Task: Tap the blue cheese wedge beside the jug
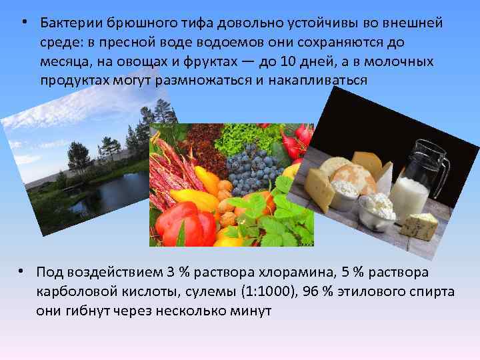click(419, 225)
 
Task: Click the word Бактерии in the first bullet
click(68, 24)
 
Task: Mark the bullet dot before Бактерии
click(23, 23)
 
